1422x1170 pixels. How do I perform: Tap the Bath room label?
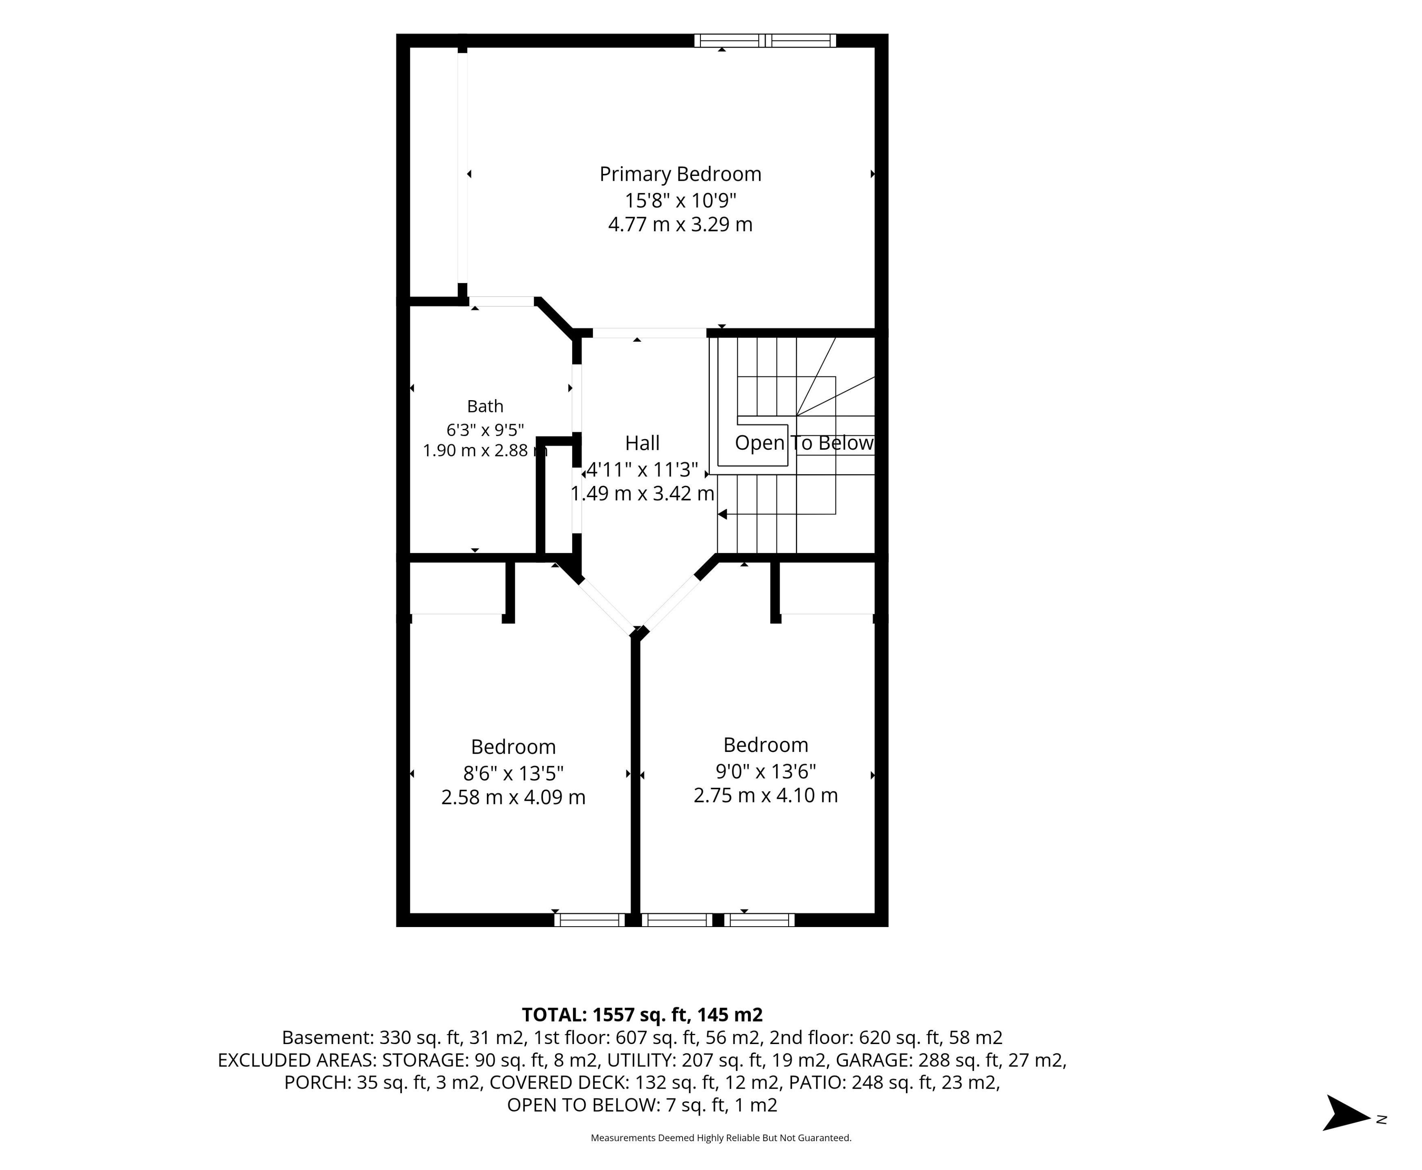click(x=485, y=406)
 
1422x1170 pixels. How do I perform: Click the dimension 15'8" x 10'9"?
click(x=681, y=200)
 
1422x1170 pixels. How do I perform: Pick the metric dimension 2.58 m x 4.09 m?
click(x=513, y=797)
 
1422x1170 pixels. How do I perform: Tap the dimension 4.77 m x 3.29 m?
click(x=681, y=224)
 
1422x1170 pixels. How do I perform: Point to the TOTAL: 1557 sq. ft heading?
click(x=642, y=1015)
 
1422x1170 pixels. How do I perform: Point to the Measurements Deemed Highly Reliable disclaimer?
click(x=721, y=1137)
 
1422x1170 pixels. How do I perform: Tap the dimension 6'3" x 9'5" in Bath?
click(x=485, y=429)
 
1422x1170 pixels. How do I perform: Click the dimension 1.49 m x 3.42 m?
click(x=642, y=493)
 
